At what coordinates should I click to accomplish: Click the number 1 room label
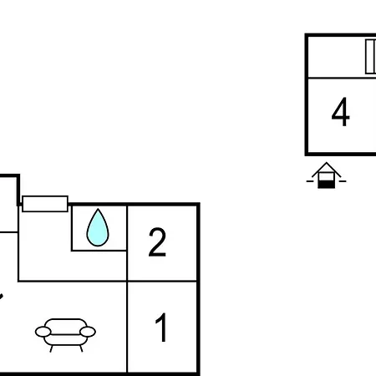(161, 327)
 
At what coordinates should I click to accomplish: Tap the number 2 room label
(157, 242)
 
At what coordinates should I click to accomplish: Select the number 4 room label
(340, 111)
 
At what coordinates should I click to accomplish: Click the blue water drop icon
(98, 227)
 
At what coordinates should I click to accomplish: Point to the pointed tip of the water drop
(98, 209)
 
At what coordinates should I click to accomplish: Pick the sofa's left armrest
(43, 332)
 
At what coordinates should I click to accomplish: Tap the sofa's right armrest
(88, 332)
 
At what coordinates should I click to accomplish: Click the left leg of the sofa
(51, 348)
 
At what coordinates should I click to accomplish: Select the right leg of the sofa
(81, 348)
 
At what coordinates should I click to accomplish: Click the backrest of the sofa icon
(66, 323)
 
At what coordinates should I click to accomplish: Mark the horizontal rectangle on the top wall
(45, 204)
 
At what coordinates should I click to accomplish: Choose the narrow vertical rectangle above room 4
(370, 57)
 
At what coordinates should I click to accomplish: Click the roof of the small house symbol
(326, 169)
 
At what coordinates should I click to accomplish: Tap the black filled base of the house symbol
(326, 184)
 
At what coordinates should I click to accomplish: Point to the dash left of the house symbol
(310, 181)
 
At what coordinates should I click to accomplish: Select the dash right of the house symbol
(343, 181)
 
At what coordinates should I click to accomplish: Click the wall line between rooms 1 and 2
(162, 282)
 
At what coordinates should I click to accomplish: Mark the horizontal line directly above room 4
(342, 78)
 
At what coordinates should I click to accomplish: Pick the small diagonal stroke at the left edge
(1, 296)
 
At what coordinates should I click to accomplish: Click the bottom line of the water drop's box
(99, 251)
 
